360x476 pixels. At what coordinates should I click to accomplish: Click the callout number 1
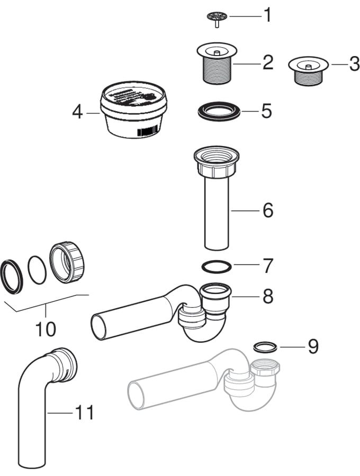tap(267, 15)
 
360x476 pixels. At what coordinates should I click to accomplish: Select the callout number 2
tap(268, 63)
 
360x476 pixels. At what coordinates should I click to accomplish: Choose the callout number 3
tap(354, 65)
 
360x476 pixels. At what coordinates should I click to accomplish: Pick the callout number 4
tap(78, 112)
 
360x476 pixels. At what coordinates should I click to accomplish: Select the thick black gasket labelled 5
tap(218, 112)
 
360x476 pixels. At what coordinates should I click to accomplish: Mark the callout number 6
tap(268, 210)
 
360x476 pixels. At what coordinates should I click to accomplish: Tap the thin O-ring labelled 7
tap(218, 266)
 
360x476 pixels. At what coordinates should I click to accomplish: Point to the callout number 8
tap(268, 296)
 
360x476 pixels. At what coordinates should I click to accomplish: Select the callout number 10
tap(46, 329)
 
